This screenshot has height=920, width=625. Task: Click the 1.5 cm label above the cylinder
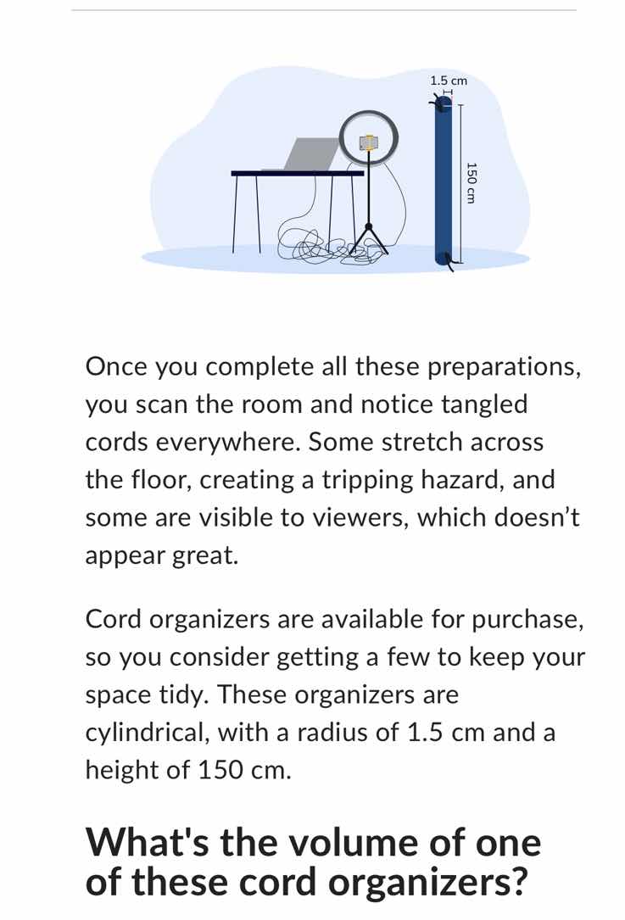pos(449,80)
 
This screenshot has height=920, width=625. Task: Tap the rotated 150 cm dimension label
pos(472,181)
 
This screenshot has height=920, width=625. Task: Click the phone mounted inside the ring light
pos(369,142)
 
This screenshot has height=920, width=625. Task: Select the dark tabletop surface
pos(297,173)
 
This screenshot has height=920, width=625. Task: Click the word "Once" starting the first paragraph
pos(116,368)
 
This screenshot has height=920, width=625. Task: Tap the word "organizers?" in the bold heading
pos(427,882)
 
